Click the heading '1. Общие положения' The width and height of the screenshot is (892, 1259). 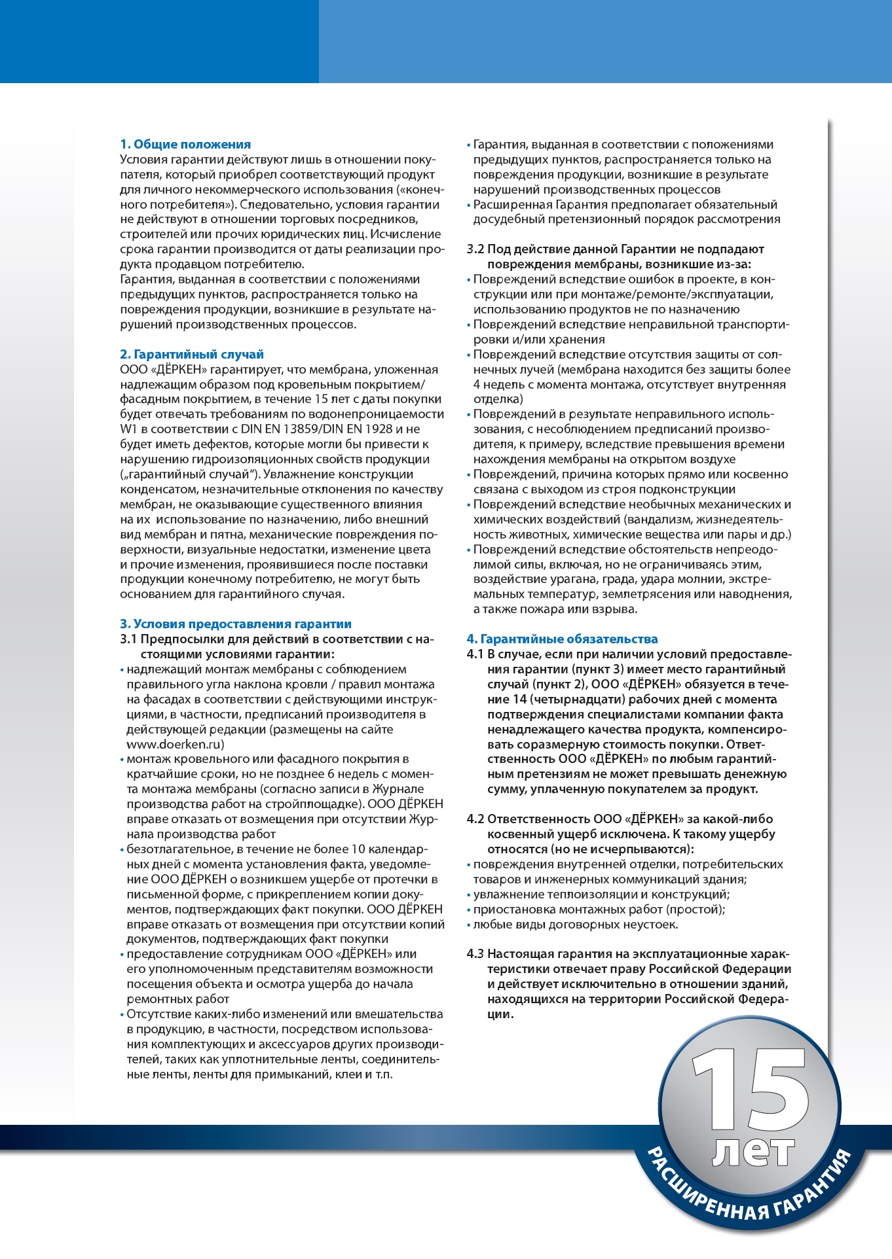[185, 145]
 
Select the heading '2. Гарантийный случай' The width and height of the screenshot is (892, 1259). [192, 355]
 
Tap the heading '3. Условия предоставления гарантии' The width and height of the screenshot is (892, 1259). [236, 624]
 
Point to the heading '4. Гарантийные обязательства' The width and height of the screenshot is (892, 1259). [562, 639]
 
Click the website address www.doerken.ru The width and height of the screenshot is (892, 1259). [176, 745]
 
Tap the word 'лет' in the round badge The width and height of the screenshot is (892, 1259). [753, 1150]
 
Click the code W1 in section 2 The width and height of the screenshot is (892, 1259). [129, 429]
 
